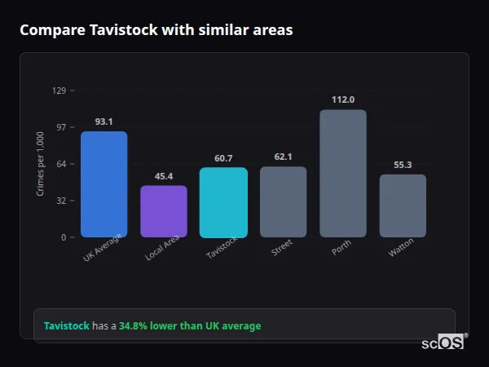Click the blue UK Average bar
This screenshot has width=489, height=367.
pyautogui.click(x=104, y=184)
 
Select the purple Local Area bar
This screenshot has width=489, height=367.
pyautogui.click(x=164, y=211)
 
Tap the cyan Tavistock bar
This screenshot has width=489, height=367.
pyautogui.click(x=223, y=202)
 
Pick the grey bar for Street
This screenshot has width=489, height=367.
pyautogui.click(x=283, y=201)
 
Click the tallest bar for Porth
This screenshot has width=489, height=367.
pyautogui.click(x=343, y=173)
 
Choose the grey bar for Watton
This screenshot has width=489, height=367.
pyautogui.click(x=403, y=206)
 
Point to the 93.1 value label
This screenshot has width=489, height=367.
pyautogui.click(x=104, y=122)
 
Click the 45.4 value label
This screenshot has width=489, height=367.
pyautogui.click(x=164, y=176)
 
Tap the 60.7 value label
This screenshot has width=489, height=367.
pyautogui.click(x=223, y=158)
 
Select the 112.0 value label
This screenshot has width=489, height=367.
pyautogui.click(x=343, y=99)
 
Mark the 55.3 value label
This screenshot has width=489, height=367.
pyautogui.click(x=403, y=165)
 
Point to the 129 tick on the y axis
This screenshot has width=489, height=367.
pyautogui.click(x=59, y=91)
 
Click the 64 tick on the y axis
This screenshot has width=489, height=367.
pyautogui.click(x=61, y=164)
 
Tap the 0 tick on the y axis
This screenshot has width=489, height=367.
pyautogui.click(x=64, y=237)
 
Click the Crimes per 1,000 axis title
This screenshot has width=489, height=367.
pyautogui.click(x=41, y=164)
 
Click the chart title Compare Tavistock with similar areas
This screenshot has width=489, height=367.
pyautogui.click(x=156, y=30)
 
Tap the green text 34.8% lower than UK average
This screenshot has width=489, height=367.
pyautogui.click(x=190, y=326)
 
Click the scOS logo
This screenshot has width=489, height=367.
pyautogui.click(x=443, y=343)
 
